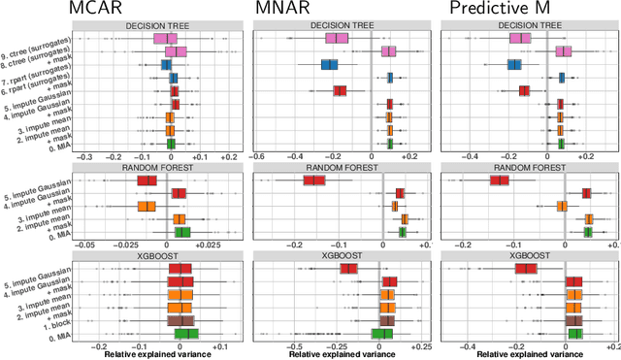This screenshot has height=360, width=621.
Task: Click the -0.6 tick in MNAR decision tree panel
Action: click(257, 156)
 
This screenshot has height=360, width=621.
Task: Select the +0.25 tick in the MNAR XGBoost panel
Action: click(420, 344)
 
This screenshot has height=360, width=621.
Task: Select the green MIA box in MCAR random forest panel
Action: click(181, 232)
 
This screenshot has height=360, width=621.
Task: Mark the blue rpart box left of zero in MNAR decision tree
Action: click(330, 65)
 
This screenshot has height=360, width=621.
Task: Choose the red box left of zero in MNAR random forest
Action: click(314, 180)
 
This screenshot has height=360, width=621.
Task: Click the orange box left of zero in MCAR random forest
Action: click(147, 206)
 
